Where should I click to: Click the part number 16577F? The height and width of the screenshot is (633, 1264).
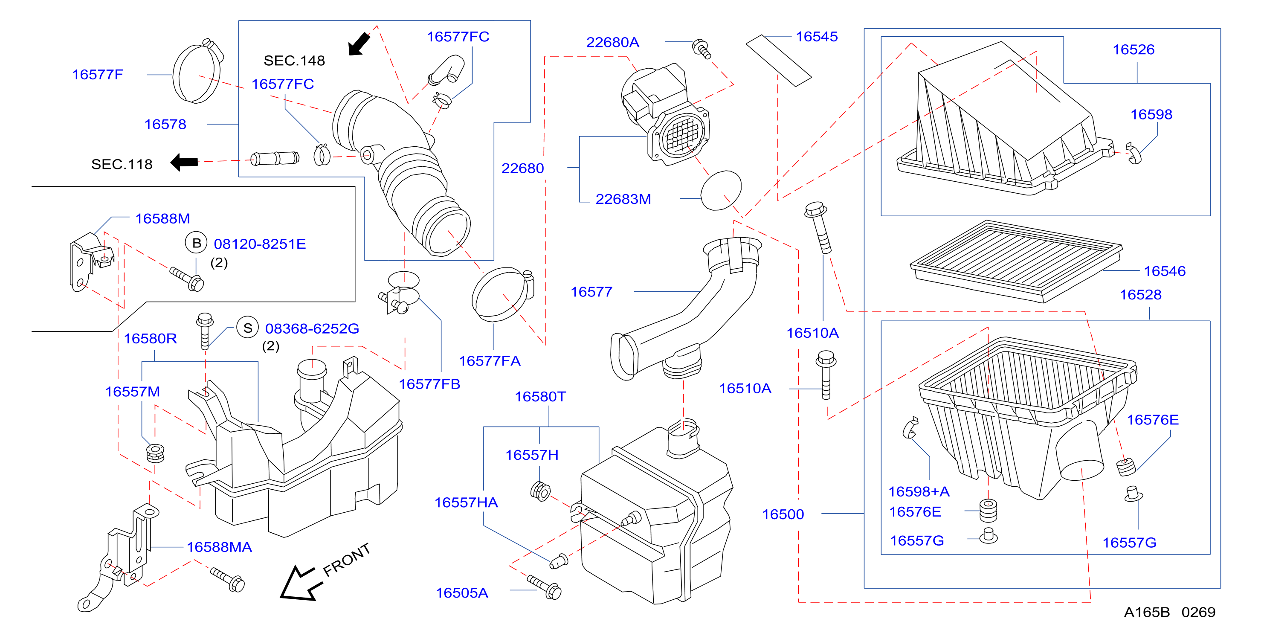click(x=98, y=75)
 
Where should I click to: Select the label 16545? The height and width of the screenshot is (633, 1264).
click(x=817, y=37)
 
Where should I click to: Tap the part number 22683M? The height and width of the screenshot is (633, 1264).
click(x=623, y=199)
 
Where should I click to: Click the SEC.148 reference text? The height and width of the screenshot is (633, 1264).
click(x=294, y=61)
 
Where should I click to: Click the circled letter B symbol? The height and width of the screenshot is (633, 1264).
click(x=196, y=242)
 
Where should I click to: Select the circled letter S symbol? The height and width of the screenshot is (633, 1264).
click(x=248, y=327)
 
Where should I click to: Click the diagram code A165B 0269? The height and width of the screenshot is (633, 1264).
click(x=1169, y=612)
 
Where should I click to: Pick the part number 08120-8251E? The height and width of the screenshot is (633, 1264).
click(x=260, y=244)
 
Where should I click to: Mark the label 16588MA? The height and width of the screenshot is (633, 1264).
click(x=219, y=547)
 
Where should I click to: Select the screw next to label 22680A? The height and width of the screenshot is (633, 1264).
click(x=702, y=49)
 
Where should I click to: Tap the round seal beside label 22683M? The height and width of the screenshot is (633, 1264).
click(x=721, y=190)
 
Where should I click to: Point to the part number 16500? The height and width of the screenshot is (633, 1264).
click(x=783, y=514)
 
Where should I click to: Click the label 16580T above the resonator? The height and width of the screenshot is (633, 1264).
click(x=540, y=397)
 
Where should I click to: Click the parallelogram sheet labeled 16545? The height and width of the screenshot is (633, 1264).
click(x=779, y=60)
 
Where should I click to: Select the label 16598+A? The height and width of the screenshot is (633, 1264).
click(x=919, y=491)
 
